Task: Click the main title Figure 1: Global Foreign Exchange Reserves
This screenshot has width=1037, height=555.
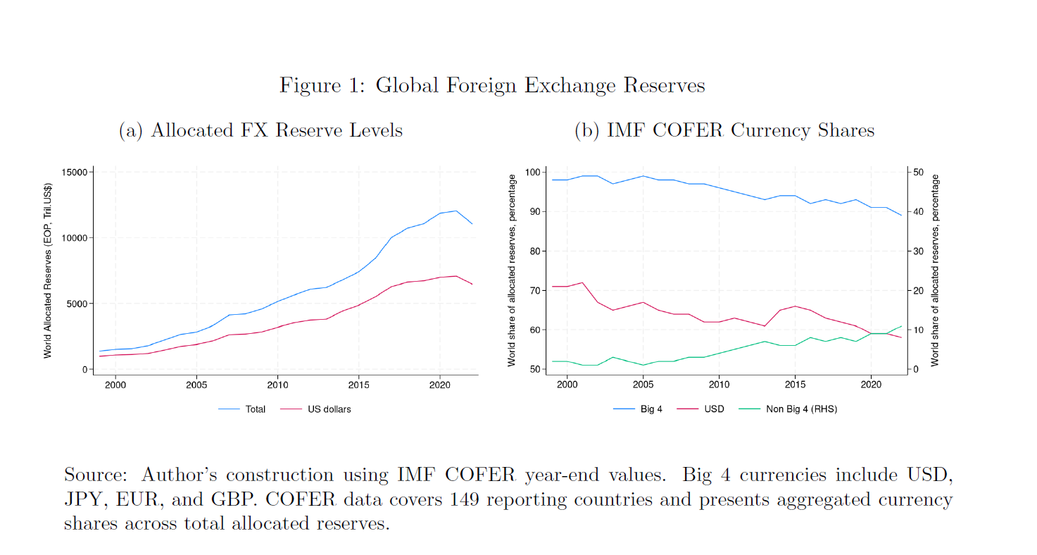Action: pos(492,85)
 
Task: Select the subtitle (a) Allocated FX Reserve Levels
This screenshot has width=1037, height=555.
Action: pos(260,130)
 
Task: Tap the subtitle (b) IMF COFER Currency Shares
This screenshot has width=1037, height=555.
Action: pos(724,130)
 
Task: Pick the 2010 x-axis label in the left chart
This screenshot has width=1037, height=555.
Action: pos(277,385)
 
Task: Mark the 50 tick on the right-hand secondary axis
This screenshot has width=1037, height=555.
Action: pos(918,173)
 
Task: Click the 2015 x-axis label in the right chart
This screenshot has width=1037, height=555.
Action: pos(795,385)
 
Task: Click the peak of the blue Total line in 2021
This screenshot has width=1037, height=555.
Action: pos(456,211)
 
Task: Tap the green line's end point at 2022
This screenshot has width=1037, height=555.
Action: pos(902,326)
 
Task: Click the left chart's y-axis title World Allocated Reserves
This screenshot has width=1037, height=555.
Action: pos(48,270)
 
